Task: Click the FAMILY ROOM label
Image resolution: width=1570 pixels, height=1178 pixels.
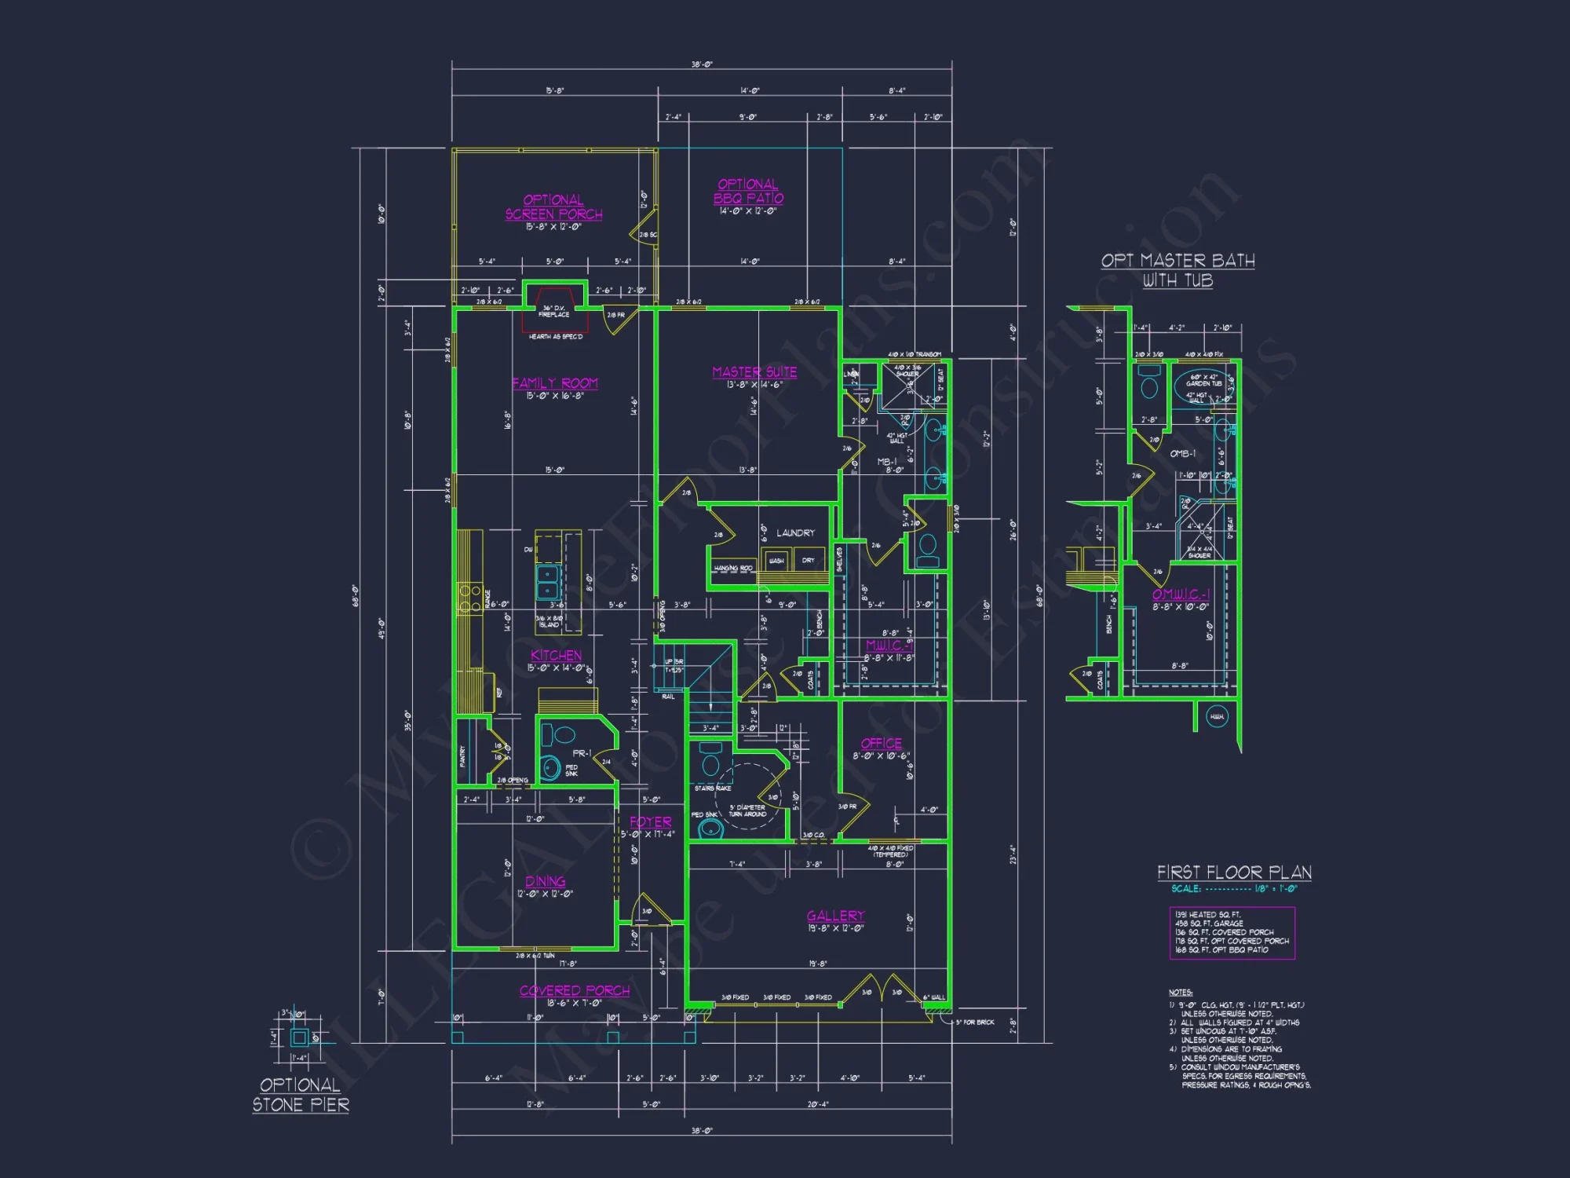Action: pos(554,383)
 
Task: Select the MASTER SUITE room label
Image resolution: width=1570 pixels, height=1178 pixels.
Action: pos(754,372)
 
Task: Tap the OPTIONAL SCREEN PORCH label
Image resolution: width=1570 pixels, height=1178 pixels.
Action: pos(553,207)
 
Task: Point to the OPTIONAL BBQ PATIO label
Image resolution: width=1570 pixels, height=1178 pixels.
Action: pos(748,191)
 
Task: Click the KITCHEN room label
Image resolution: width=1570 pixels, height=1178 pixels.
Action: pos(556,655)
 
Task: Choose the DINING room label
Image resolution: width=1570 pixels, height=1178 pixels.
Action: pos(545,881)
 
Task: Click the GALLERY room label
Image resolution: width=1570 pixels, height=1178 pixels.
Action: pos(835,916)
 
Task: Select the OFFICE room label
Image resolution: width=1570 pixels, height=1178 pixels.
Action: pos(881,743)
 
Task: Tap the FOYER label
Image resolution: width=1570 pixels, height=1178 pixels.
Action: pos(650,822)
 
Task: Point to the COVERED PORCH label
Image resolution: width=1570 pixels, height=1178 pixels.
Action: pos(574,990)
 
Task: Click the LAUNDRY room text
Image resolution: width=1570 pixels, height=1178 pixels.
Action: pos(795,532)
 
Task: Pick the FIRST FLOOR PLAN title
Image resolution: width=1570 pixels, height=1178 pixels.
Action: pos(1234,873)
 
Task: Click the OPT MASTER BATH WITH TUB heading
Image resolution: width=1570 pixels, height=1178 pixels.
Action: pos(1177,270)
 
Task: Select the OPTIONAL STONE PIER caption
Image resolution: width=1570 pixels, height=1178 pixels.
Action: pos(301,1095)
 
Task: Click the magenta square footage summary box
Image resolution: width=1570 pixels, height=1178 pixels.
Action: pos(1231,933)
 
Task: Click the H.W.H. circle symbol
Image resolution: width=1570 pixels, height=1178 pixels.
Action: pos(1216,717)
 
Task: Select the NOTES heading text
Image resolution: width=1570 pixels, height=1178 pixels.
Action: pos(1180,993)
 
